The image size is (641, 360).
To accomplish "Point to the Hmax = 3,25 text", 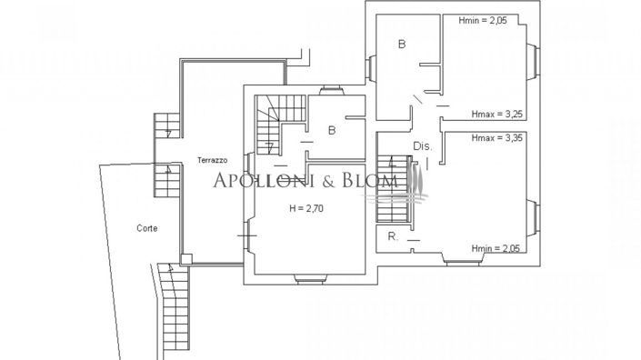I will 496,115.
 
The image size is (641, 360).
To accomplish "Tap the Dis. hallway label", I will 422,145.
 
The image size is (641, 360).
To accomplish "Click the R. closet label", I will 392,236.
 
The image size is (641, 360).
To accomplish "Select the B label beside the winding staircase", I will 332,130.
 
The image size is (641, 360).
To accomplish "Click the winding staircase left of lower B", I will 268,124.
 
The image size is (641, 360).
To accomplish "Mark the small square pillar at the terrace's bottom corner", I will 185,259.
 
